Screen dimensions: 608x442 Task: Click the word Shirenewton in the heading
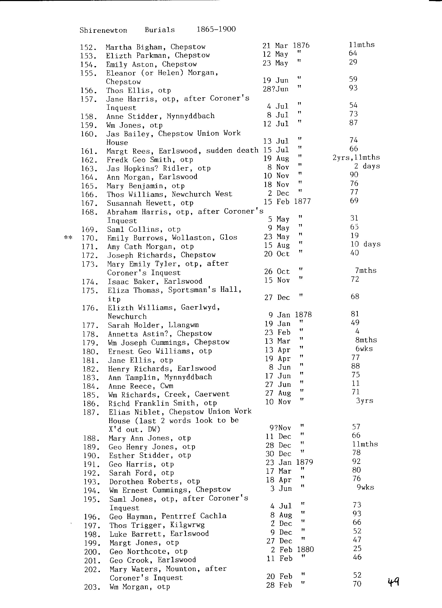[x=103, y=30]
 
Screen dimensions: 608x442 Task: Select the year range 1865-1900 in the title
[x=216, y=29]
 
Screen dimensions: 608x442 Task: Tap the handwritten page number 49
[x=393, y=582]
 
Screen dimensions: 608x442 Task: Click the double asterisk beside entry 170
[x=68, y=237]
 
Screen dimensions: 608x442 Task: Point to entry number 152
[x=88, y=47]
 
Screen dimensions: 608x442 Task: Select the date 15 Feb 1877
[x=287, y=201]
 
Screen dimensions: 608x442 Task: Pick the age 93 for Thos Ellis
[x=353, y=88]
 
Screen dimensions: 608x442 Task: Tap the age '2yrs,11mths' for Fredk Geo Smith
[x=356, y=157]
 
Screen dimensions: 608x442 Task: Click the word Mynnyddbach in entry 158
[x=191, y=116]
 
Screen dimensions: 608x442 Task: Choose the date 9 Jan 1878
[x=290, y=314]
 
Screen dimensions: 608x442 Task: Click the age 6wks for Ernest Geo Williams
[x=364, y=349]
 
